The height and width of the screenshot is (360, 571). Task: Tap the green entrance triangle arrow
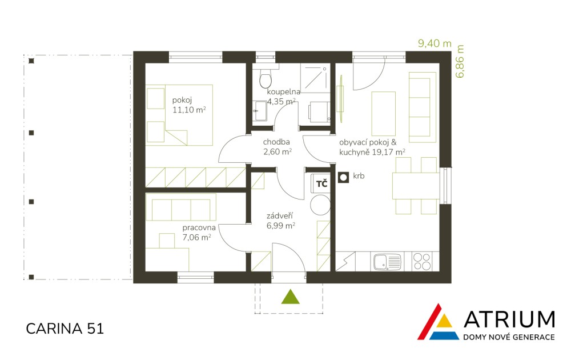coord(290,297)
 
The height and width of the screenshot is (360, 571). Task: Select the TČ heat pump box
coord(320,183)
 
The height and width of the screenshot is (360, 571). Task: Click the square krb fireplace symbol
coord(343,178)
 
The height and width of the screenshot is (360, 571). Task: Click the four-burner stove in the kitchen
coord(423,262)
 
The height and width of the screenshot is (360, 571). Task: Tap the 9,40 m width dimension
coord(435,44)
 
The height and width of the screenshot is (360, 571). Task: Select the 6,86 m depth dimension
coord(460,61)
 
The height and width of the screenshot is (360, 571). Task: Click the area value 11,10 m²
coord(189,110)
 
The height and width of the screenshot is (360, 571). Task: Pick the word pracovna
coord(199,228)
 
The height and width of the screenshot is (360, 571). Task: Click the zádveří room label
coord(280,216)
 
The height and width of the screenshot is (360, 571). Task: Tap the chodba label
coord(276,142)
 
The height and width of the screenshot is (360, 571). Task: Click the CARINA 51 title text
coord(65,329)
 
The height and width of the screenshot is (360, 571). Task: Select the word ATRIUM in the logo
coord(509,319)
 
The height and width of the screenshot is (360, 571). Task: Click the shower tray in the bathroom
coord(315,78)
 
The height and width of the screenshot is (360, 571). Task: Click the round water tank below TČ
coord(320,205)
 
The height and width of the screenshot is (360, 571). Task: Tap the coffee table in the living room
coord(384,114)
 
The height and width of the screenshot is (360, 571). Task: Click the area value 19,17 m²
coord(388,152)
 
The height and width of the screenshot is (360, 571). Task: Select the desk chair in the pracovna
coord(167,241)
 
